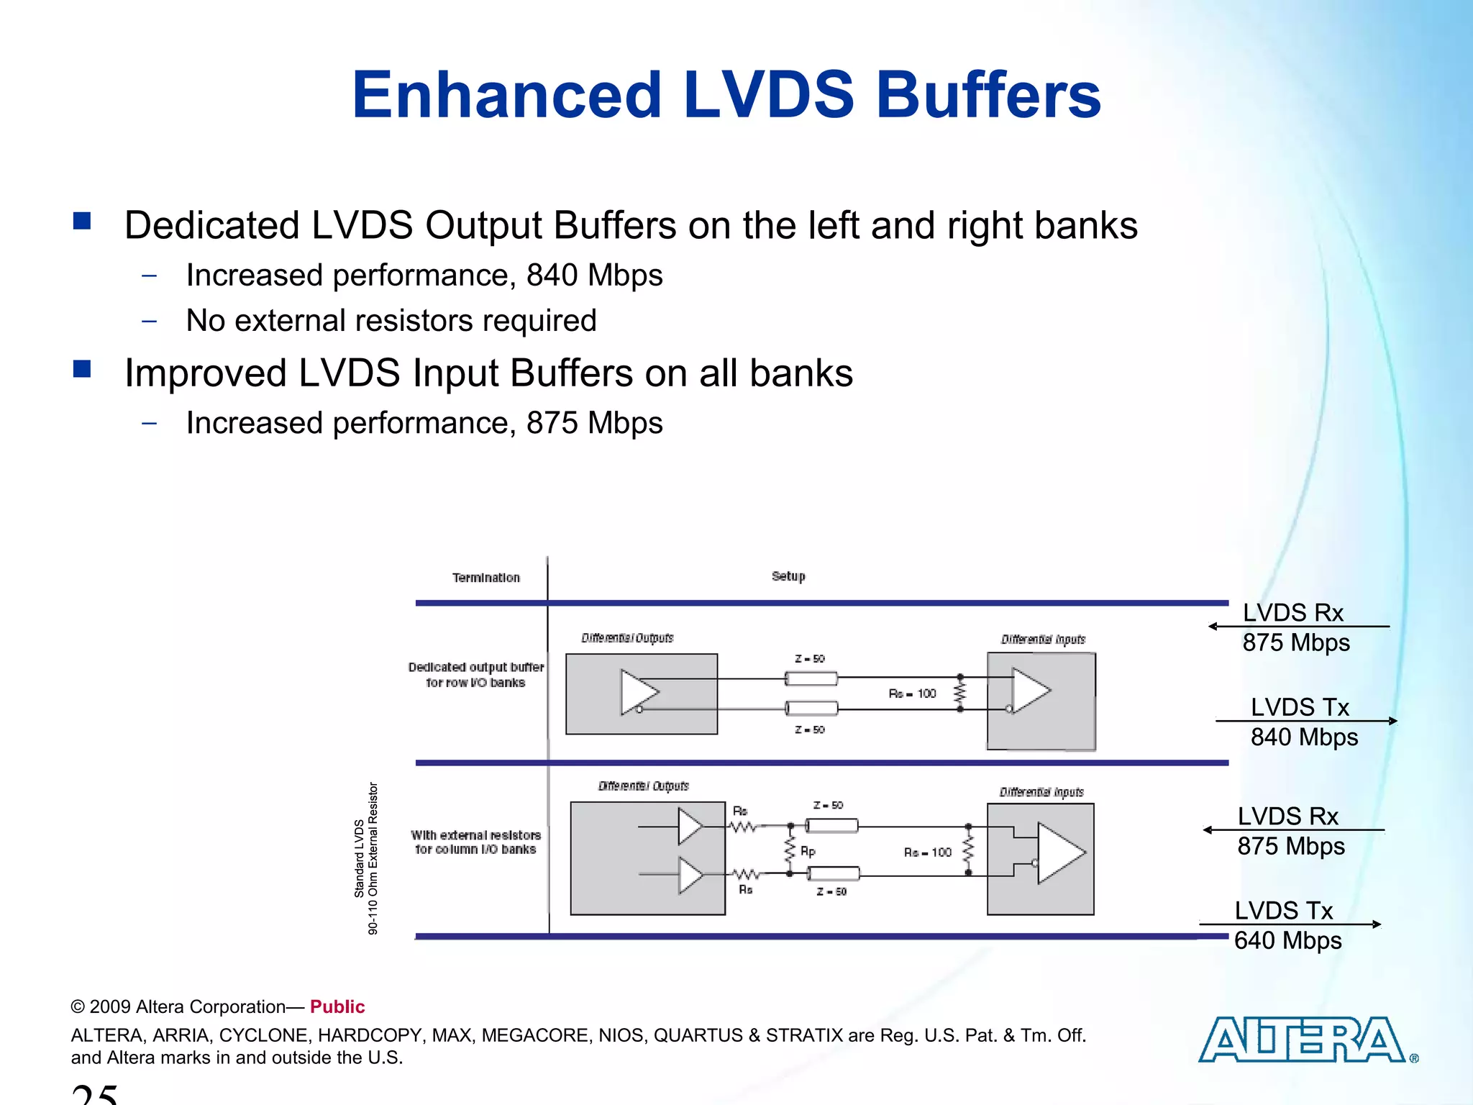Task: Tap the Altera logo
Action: (1302, 1040)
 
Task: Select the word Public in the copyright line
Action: (337, 1006)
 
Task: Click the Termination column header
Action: (485, 578)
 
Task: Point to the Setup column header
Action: (788, 576)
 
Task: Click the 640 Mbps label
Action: (1287, 941)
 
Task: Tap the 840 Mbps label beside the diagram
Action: (1304, 737)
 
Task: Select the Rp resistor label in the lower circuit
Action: (808, 852)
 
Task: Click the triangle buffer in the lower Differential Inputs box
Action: (1060, 852)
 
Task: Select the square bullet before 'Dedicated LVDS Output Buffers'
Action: (82, 220)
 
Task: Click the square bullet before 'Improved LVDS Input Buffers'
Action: (82, 369)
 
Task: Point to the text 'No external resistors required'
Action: (391, 321)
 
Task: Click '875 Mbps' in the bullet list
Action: (594, 423)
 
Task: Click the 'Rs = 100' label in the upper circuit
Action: (912, 694)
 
